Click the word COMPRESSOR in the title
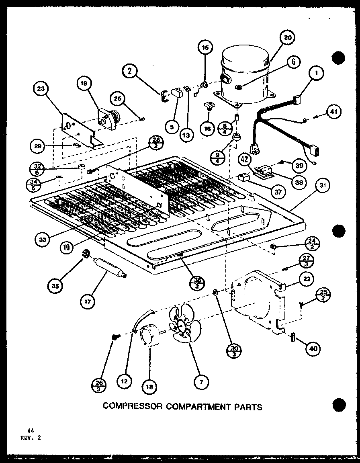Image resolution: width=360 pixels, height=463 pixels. pos(131,406)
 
